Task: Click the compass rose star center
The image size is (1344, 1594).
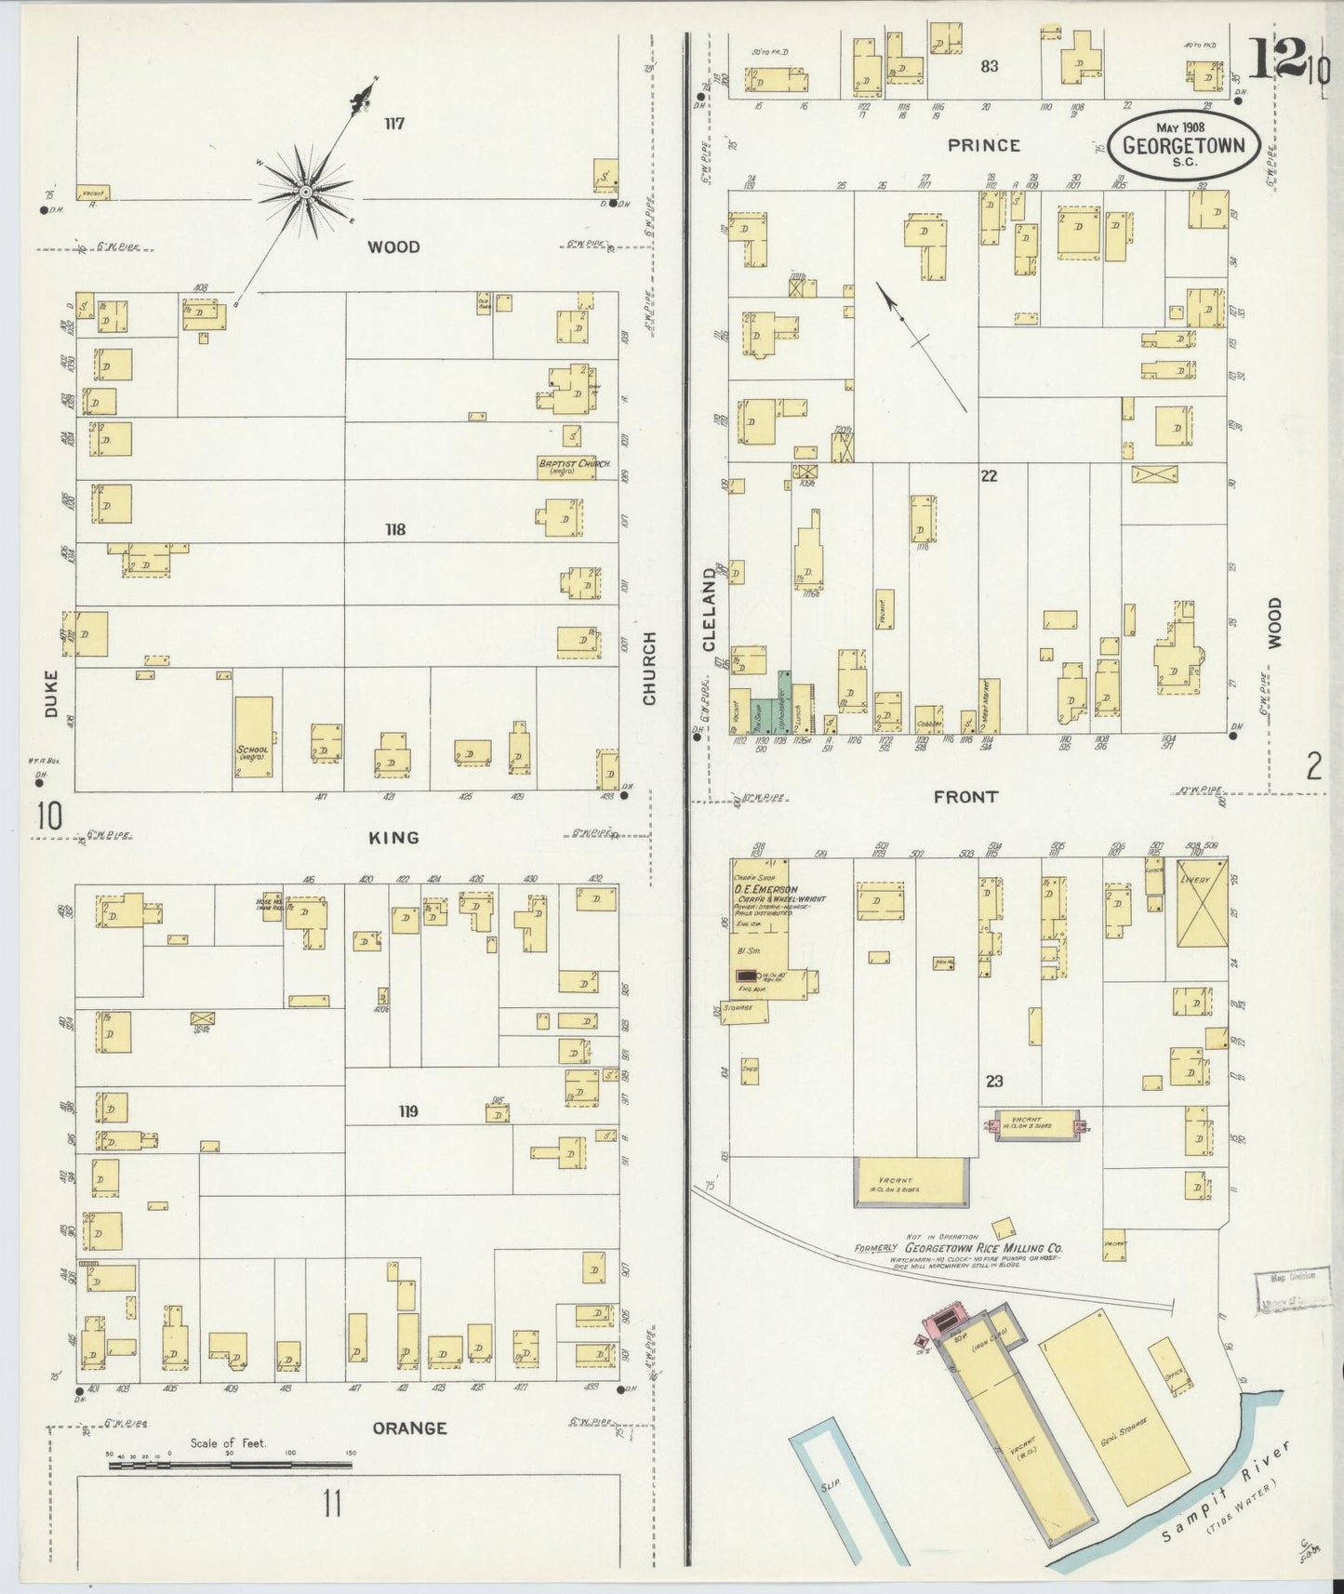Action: coord(304,192)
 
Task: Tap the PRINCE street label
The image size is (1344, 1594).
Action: coord(984,145)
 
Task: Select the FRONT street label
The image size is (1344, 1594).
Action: coord(966,797)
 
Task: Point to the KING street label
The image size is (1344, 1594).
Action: coord(393,838)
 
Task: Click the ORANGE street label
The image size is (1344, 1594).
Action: coord(409,1428)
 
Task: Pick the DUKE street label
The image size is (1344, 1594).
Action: coord(50,693)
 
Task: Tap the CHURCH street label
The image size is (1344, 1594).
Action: coord(648,668)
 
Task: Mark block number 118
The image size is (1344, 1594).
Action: coord(395,530)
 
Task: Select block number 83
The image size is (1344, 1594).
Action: coord(989,66)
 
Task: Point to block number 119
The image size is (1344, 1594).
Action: coord(407,1111)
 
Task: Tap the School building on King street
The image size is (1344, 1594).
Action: coord(253,736)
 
